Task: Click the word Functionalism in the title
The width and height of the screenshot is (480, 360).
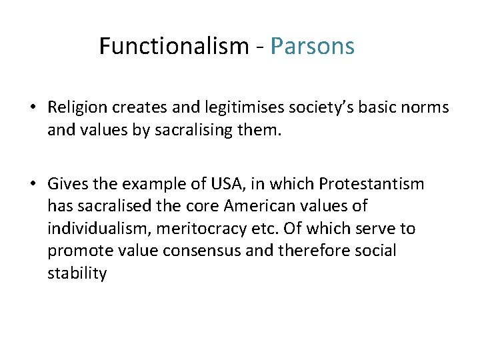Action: (173, 46)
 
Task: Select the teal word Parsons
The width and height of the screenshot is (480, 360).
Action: (312, 46)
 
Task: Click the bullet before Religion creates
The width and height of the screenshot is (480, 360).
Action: (32, 107)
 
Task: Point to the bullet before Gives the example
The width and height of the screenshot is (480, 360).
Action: (32, 184)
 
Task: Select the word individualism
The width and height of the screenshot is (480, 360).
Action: (98, 229)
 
